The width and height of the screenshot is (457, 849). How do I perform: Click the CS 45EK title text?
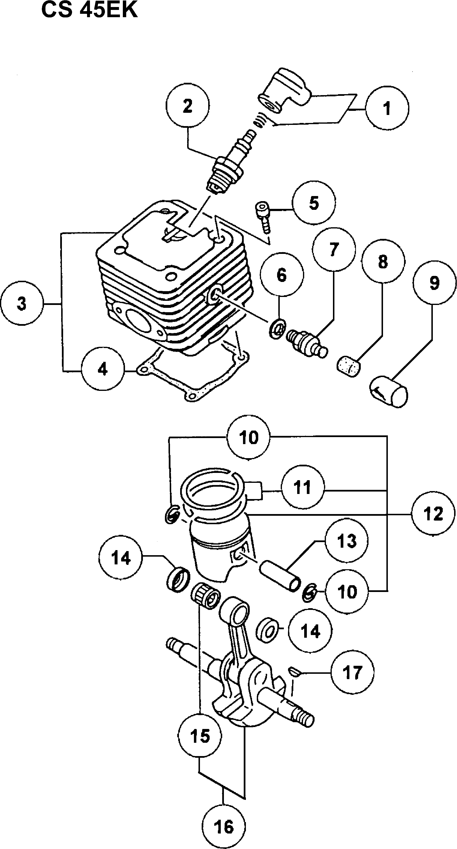pyautogui.click(x=89, y=11)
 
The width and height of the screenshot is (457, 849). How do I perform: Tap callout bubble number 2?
pyautogui.click(x=187, y=106)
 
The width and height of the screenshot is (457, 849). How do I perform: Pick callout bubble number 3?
pyautogui.click(x=22, y=303)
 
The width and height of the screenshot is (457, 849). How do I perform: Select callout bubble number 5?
pyautogui.click(x=314, y=203)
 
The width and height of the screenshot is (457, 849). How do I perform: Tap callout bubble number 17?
pyautogui.click(x=352, y=672)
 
